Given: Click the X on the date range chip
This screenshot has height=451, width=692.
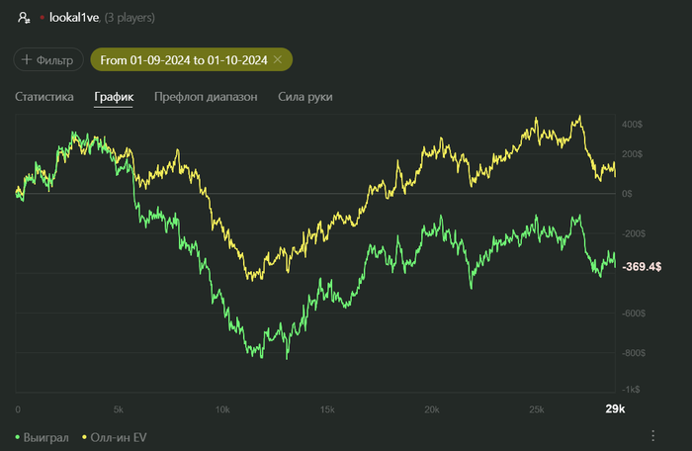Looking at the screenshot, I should pos(278,60).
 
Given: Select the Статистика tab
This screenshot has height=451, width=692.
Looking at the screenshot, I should pos(44,97).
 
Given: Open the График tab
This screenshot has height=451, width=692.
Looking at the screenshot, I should pos(113,97).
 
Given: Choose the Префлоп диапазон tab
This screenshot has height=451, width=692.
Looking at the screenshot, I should pos(206,97).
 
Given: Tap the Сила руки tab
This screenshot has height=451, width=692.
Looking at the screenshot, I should pos(305,97).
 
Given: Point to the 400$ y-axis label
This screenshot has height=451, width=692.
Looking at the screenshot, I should pos(633,125).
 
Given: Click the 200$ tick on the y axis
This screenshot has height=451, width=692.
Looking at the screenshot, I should pos(633,154).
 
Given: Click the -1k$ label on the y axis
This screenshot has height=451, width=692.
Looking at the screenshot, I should pos(630,389).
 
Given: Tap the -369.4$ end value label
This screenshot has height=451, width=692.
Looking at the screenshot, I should pos(643,267).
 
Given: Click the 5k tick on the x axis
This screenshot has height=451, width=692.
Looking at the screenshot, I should pos(119,408).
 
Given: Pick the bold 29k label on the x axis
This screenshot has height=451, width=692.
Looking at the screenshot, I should pos(615,408).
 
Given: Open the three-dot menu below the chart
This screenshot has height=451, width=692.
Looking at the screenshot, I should pos(652,435).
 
